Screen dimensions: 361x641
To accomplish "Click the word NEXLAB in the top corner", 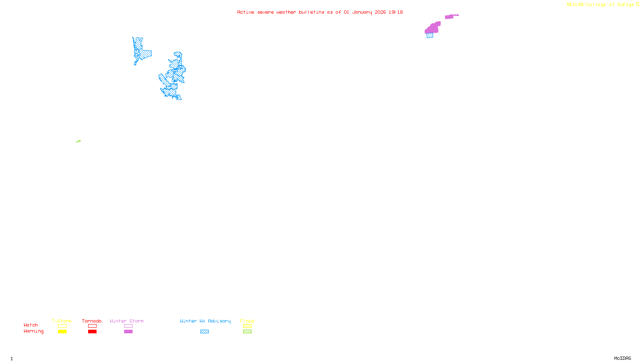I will coord(575,5).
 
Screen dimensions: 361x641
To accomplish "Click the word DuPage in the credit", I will coord(625,5).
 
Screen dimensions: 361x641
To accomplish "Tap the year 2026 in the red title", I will coord(380,12).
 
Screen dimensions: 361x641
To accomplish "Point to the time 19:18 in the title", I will coord(396,12).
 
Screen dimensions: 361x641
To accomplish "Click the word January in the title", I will coord(362,12).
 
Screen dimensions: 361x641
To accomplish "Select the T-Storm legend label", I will coord(62,321).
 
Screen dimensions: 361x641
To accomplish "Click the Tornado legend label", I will coord(92,321).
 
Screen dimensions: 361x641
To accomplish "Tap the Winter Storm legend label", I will coord(127,321).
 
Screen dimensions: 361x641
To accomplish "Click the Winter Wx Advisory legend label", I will coord(205,321).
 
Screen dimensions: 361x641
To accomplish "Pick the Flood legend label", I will coord(247,321).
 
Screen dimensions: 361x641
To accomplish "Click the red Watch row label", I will coord(31,325).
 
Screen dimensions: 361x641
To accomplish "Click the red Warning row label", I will coord(34,331).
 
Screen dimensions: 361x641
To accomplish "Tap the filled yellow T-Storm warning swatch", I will coord(62,332).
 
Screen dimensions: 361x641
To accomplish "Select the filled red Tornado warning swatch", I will coord(93,332).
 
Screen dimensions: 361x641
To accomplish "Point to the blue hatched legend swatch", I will coord(204,332).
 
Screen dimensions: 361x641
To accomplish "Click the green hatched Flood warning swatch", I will coord(247,332).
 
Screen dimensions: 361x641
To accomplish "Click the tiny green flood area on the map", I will coord(79,141).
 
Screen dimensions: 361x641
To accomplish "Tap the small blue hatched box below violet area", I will coord(430,36).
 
